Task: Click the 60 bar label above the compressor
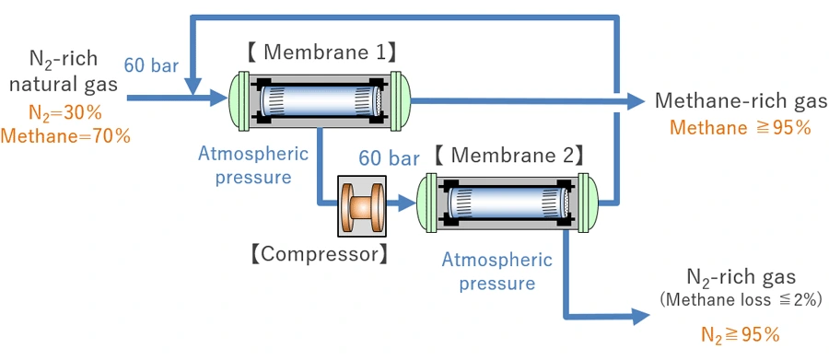tap(390, 158)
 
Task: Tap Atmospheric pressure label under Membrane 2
tap(497, 272)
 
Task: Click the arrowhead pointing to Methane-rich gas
tap(635, 100)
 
